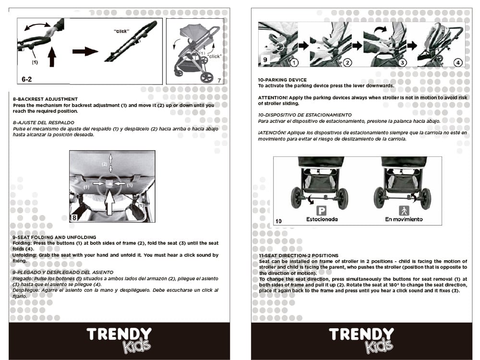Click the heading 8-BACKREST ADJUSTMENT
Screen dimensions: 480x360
click(x=45, y=99)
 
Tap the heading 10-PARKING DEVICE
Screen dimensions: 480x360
click(x=282, y=80)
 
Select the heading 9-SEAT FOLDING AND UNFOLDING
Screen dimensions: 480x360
click(x=54, y=237)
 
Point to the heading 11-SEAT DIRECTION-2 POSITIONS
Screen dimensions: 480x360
click(x=299, y=256)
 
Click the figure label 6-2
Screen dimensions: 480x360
click(x=26, y=79)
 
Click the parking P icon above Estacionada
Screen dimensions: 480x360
click(x=322, y=211)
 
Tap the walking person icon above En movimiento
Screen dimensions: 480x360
click(x=404, y=211)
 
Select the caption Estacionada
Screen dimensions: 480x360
click(x=322, y=219)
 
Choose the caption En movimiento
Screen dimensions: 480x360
click(x=404, y=219)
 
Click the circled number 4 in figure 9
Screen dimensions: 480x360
click(x=458, y=62)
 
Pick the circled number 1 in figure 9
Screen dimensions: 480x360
click(x=294, y=62)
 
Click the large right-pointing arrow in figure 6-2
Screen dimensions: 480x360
click(x=85, y=51)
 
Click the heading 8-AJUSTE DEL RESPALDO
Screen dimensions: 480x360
click(x=44, y=123)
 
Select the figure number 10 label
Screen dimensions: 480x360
click(x=278, y=221)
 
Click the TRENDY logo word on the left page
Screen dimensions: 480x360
click(x=119, y=334)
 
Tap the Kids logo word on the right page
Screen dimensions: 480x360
click(x=379, y=346)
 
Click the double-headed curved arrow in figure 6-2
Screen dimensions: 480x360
click(x=37, y=26)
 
